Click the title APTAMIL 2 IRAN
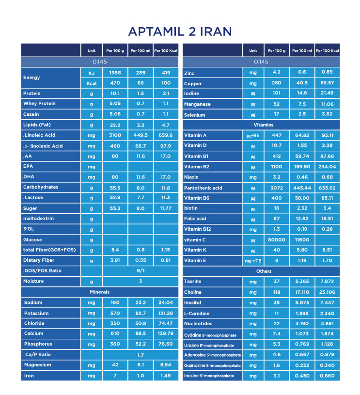click(x=180, y=32)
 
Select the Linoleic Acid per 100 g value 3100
click(x=115, y=136)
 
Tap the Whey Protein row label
click(x=39, y=104)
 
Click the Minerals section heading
click(x=100, y=292)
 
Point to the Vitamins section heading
click(x=261, y=125)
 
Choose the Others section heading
click(x=261, y=271)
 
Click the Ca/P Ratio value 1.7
click(x=141, y=355)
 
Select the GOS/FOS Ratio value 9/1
click(x=141, y=271)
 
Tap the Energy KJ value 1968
click(x=115, y=73)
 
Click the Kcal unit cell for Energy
click(x=92, y=83)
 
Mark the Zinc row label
click(x=189, y=73)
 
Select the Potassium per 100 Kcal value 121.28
click(x=166, y=313)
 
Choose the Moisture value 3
click(x=141, y=282)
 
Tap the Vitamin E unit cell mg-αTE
click(x=253, y=261)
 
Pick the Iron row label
click(x=29, y=376)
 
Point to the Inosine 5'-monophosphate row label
click(x=209, y=376)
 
